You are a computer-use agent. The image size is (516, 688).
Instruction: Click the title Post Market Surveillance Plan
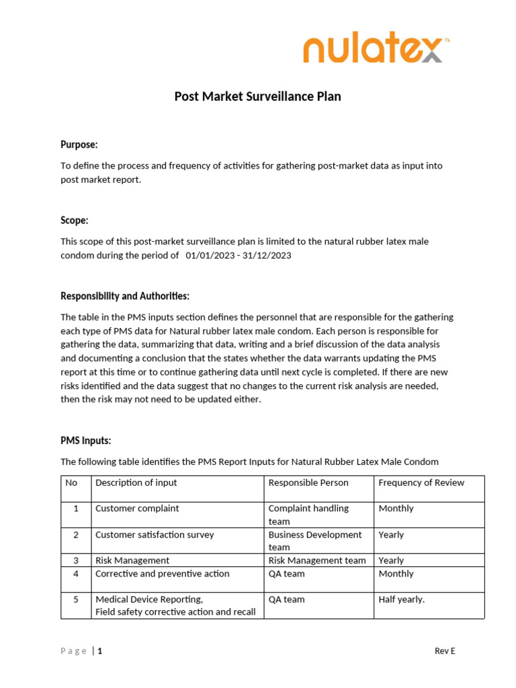pyautogui.click(x=257, y=97)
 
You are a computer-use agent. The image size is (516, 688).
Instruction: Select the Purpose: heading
pyautogui.click(x=79, y=144)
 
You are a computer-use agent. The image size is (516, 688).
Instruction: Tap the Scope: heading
pyautogui.click(x=75, y=220)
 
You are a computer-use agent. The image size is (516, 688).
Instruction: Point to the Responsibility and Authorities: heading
pyautogui.click(x=125, y=296)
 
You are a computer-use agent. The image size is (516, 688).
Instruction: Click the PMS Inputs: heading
pyautogui.click(x=86, y=441)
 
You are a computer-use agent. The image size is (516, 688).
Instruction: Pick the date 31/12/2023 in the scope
pyautogui.click(x=267, y=255)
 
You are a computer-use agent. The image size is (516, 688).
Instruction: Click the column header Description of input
pyautogui.click(x=136, y=482)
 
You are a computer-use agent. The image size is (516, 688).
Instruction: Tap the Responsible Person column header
pyautogui.click(x=308, y=482)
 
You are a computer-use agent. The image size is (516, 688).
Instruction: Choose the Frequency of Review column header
pyautogui.click(x=421, y=482)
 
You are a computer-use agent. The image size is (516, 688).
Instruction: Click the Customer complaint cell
pyautogui.click(x=137, y=509)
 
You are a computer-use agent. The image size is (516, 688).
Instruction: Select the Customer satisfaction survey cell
pyautogui.click(x=155, y=535)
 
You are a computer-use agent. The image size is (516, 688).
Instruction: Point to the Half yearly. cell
pyautogui.click(x=402, y=599)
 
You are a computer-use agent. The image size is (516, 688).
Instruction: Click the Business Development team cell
pyautogui.click(x=314, y=541)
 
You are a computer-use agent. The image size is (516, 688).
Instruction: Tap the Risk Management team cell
pyautogui.click(x=317, y=560)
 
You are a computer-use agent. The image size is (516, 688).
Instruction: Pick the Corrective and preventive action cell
pyautogui.click(x=162, y=574)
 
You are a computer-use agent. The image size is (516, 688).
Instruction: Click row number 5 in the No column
pyautogui.click(x=76, y=599)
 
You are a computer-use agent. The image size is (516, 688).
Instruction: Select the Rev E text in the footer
pyautogui.click(x=445, y=651)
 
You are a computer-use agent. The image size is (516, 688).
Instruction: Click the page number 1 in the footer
pyautogui.click(x=101, y=651)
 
